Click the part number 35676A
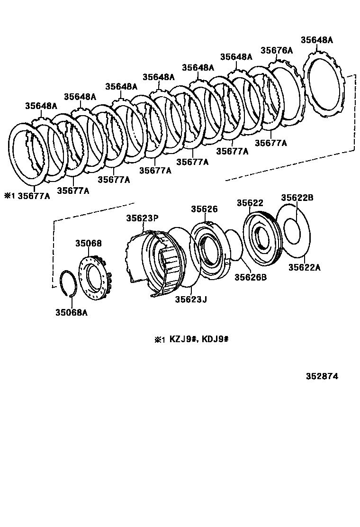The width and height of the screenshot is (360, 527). click(277, 50)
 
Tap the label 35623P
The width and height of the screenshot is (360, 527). click(142, 218)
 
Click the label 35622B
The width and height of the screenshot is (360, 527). click(297, 198)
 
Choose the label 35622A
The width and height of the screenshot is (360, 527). click(305, 268)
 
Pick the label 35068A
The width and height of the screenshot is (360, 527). click(72, 313)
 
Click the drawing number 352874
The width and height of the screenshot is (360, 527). click(322, 377)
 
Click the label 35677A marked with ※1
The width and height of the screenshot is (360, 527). click(33, 195)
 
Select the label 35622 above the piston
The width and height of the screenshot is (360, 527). click(250, 203)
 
